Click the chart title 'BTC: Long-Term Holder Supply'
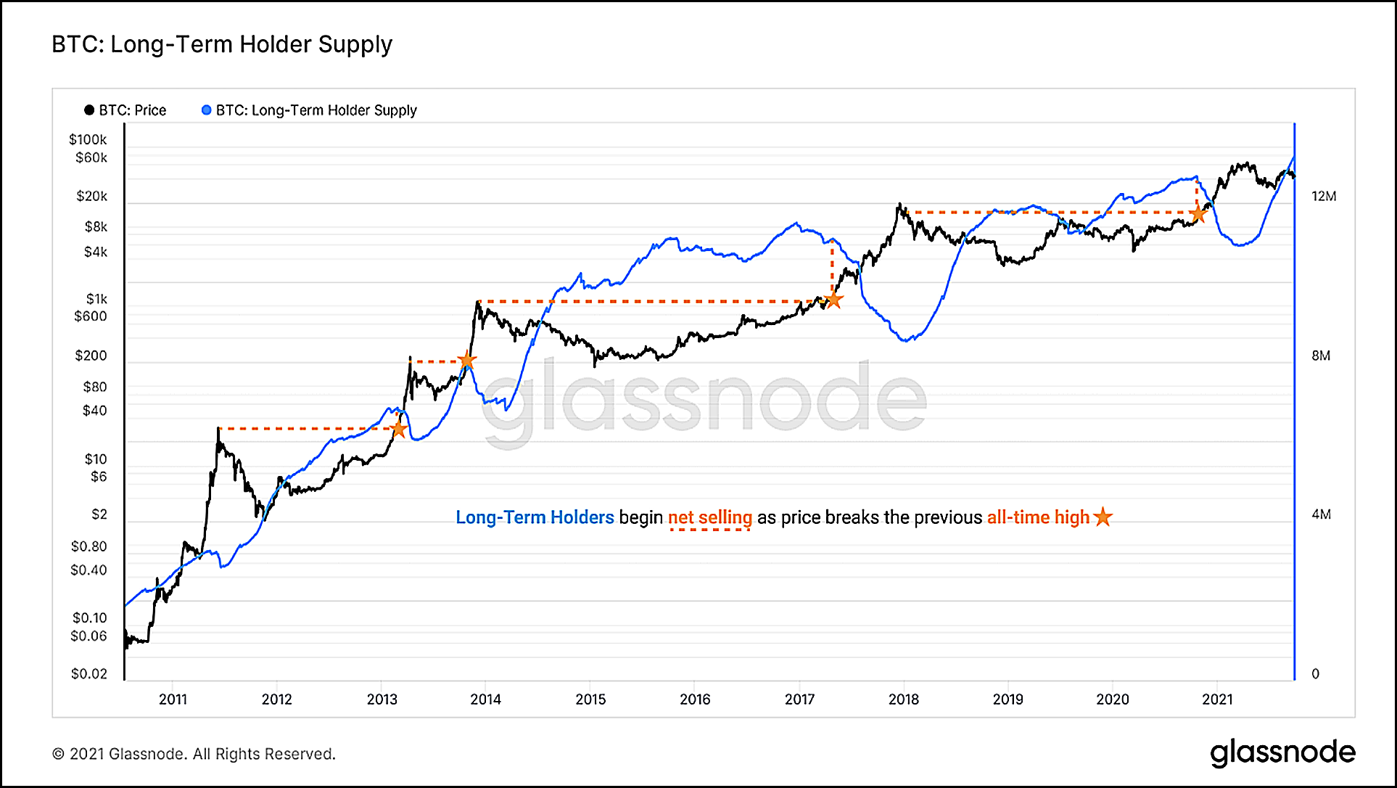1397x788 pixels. pyautogui.click(x=222, y=45)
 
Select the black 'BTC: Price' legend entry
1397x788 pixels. pyautogui.click(x=125, y=110)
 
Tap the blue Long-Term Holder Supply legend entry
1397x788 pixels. pyautogui.click(x=309, y=110)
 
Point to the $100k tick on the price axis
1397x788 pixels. pyautogui.click(x=88, y=139)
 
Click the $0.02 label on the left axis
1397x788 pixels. pyautogui.click(x=88, y=674)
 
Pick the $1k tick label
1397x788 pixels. pyautogui.click(x=96, y=299)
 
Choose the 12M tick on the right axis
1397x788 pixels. pyautogui.click(x=1324, y=196)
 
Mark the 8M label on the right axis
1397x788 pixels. pyautogui.click(x=1321, y=356)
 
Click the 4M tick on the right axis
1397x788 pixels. pyautogui.click(x=1321, y=514)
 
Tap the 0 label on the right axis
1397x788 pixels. pyautogui.click(x=1316, y=674)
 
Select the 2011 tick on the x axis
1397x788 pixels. pyautogui.click(x=173, y=699)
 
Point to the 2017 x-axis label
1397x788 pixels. pyautogui.click(x=799, y=699)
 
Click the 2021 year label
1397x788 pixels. pyautogui.click(x=1217, y=699)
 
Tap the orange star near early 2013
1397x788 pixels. pyautogui.click(x=398, y=429)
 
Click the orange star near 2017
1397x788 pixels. pyautogui.click(x=834, y=300)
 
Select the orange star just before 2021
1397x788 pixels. pyautogui.click(x=1198, y=214)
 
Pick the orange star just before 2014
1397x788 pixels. pyautogui.click(x=467, y=361)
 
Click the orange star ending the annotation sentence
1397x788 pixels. pyautogui.click(x=1103, y=517)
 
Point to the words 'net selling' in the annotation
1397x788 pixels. pyautogui.click(x=709, y=518)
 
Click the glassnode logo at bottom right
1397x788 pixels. pyautogui.click(x=1282, y=753)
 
